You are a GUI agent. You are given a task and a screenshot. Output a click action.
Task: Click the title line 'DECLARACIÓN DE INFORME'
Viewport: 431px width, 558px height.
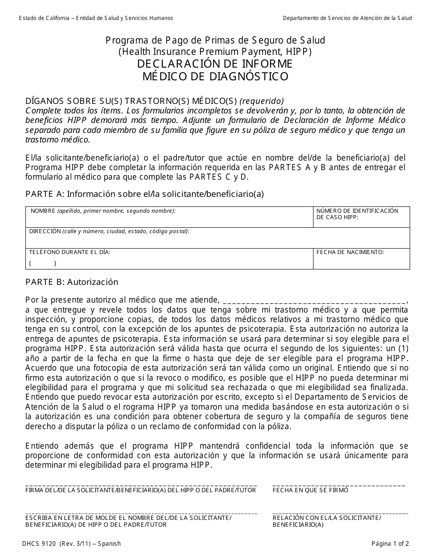click(215, 64)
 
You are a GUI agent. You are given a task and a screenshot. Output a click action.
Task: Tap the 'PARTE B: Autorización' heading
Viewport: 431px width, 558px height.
click(72, 282)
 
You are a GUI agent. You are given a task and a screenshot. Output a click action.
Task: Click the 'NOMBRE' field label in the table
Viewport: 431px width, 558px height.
click(43, 211)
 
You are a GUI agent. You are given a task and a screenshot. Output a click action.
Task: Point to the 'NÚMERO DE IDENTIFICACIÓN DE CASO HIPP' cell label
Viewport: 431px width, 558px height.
click(357, 214)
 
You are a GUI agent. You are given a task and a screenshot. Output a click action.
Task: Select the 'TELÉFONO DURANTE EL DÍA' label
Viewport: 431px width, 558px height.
click(69, 252)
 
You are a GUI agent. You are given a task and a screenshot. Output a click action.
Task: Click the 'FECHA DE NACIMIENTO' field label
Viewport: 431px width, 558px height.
click(350, 252)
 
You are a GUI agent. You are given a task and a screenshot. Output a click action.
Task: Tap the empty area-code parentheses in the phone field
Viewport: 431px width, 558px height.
click(43, 263)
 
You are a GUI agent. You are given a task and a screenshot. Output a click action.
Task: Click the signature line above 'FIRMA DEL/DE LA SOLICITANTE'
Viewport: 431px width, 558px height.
click(141, 485)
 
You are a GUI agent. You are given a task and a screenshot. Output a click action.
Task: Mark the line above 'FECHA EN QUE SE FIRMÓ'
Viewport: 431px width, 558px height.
click(338, 485)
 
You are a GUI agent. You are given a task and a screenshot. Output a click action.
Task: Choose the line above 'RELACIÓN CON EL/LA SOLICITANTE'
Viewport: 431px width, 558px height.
click(340, 513)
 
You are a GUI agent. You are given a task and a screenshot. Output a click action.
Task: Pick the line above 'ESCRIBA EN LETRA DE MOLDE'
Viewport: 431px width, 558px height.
click(141, 513)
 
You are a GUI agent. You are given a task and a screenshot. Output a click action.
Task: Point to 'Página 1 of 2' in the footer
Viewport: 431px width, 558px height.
click(390, 543)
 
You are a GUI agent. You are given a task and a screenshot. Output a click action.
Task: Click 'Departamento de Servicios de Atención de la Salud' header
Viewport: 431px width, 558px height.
click(347, 18)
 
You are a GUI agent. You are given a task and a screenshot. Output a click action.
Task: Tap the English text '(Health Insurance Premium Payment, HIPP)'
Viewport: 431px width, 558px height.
click(215, 52)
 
